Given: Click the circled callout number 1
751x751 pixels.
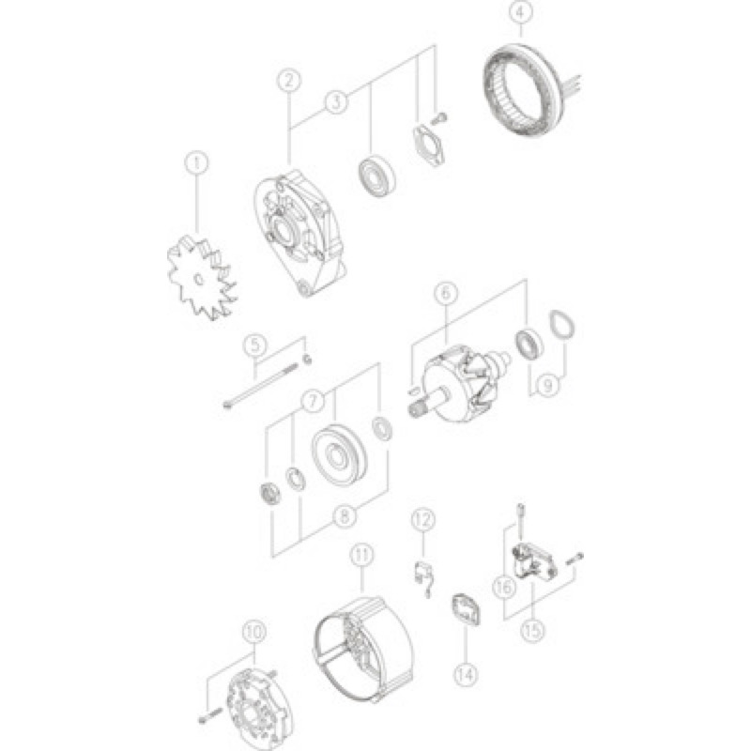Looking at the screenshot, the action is pyautogui.click(x=196, y=163).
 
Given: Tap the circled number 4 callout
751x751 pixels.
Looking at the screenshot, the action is pyautogui.click(x=521, y=12).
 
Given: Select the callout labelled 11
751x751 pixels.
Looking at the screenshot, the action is pyautogui.click(x=362, y=555).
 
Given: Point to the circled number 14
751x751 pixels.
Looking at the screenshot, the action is pyautogui.click(x=466, y=674).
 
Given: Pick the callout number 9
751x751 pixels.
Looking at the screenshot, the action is pyautogui.click(x=549, y=385).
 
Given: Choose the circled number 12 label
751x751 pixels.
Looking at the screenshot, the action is pyautogui.click(x=423, y=520).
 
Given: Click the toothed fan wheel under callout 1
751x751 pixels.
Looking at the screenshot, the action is pyautogui.click(x=202, y=280).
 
